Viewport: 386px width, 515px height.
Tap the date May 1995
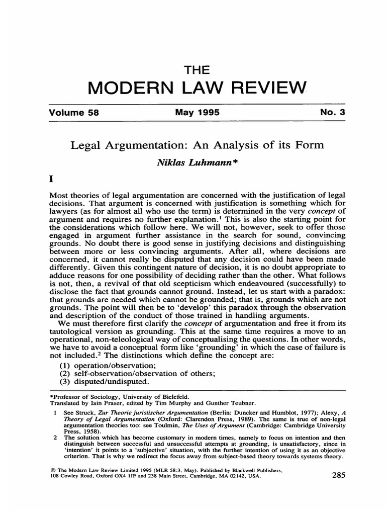(197, 113)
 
